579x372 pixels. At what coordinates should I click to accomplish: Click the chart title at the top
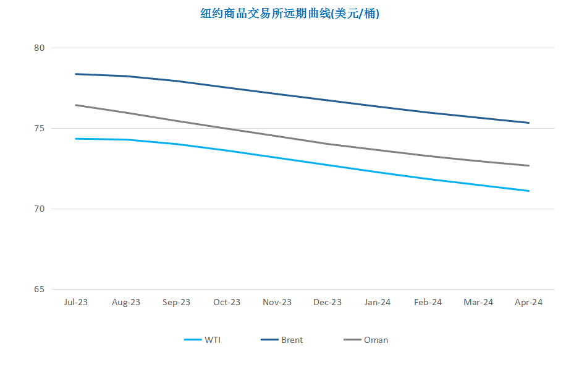pos(289,14)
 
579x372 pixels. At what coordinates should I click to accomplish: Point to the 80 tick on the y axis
pos(39,48)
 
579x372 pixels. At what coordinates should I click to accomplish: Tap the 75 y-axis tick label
pos(39,128)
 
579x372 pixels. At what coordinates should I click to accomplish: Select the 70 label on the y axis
pos(39,209)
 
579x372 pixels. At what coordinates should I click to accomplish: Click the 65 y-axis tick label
pos(39,289)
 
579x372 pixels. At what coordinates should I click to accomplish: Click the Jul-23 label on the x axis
pos(76,302)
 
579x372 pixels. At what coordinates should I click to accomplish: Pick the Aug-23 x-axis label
pos(126,303)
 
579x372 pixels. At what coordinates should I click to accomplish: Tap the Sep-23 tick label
pos(176,303)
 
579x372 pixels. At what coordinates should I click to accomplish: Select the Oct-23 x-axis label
pos(227,302)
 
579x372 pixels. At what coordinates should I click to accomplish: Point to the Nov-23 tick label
pos(277,302)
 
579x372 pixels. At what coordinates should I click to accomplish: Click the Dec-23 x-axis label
pos(328,302)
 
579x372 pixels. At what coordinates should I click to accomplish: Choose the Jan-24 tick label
pos(378,302)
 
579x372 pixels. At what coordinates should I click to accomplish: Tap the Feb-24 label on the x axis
pos(428,302)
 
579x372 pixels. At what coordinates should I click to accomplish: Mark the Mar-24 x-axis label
pos(478,302)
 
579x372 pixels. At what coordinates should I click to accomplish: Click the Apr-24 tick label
pos(528,303)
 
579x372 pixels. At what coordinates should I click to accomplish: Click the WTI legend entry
pos(202,340)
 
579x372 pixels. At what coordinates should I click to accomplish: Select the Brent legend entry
pos(282,340)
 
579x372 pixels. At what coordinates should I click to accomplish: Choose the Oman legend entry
pos(366,340)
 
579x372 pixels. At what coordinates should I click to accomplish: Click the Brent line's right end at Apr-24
pos(529,123)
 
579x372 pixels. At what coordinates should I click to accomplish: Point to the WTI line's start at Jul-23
pos(76,139)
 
